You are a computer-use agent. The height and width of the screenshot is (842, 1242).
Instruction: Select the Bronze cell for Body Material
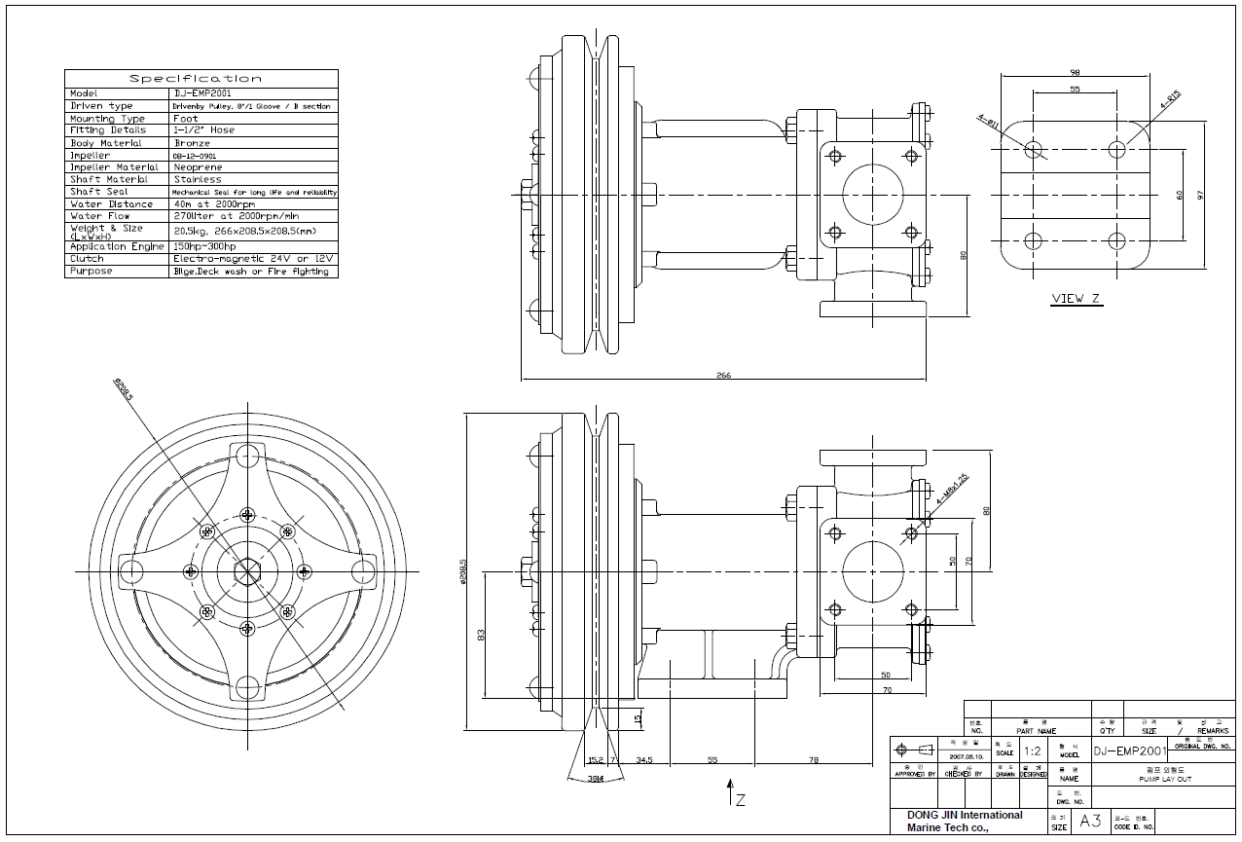pos(192,143)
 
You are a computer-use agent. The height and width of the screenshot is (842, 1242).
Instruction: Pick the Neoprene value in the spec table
pos(200,167)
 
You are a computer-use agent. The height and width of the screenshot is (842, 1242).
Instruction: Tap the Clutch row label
pos(87,259)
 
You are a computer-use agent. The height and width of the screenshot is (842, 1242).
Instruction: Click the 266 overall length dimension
pos(723,375)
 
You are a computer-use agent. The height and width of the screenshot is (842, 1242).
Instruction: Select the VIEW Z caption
pos(1076,299)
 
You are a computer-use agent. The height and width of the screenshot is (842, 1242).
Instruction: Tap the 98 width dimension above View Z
pos(1075,73)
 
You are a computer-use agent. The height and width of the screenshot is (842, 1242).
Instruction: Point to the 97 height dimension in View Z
pos(1201,195)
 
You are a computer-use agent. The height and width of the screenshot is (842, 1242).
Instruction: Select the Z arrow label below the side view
pos(741,801)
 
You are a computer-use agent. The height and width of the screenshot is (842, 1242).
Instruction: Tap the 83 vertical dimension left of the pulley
pos(481,635)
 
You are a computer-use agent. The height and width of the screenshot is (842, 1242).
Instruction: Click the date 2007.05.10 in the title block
pos(965,754)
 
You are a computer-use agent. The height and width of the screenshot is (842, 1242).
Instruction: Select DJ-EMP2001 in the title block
pos(1129,751)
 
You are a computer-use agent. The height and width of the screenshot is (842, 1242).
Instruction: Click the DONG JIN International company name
pos(965,815)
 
